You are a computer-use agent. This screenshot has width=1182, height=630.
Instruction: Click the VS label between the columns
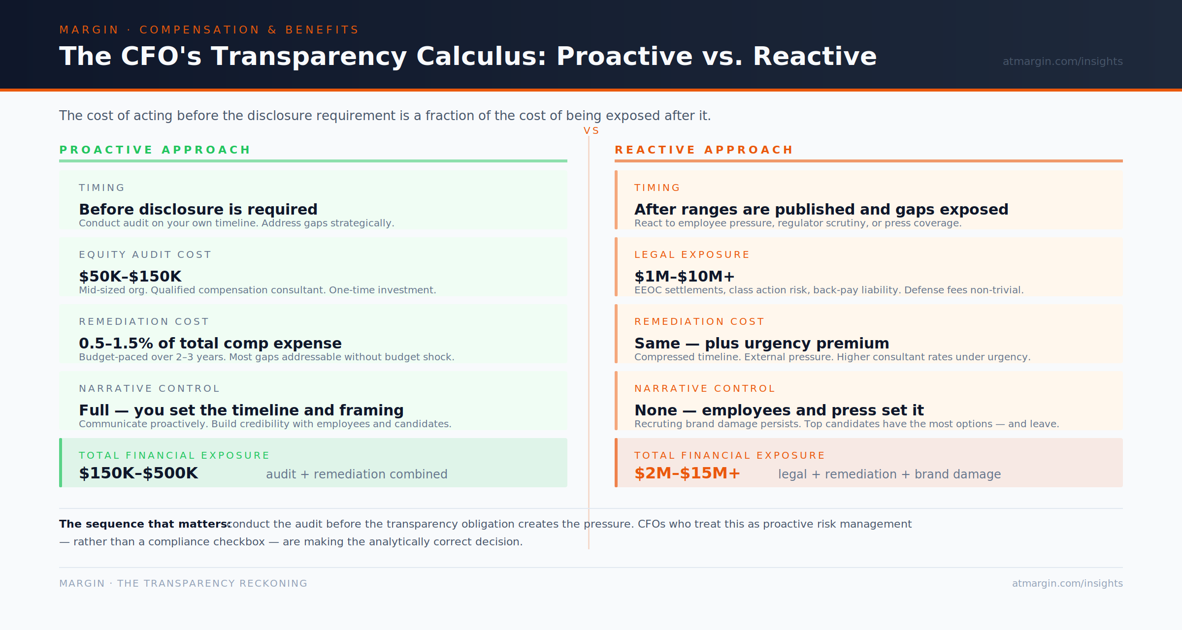click(x=591, y=131)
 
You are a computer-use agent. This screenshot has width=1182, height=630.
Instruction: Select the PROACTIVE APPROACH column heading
click(x=155, y=150)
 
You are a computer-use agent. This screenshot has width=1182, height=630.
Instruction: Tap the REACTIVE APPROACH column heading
click(x=704, y=150)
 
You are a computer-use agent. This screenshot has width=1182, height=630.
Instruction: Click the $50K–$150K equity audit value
click(x=130, y=276)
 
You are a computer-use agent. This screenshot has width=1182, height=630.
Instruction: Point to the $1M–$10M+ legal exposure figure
click(x=684, y=276)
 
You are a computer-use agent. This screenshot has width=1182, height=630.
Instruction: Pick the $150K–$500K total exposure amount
click(x=138, y=473)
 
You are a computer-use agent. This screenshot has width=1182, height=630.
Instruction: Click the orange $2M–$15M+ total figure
click(x=687, y=473)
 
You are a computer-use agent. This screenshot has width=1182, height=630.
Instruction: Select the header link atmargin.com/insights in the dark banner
click(x=1062, y=62)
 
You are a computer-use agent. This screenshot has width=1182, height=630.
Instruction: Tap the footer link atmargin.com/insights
click(x=1067, y=583)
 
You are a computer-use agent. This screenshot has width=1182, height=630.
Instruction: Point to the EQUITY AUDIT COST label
click(x=145, y=254)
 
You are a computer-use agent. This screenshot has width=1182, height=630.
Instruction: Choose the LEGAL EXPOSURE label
click(x=691, y=254)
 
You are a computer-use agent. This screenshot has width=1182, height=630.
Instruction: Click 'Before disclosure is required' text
click(x=198, y=209)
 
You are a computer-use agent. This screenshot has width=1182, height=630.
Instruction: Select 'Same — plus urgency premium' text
click(x=761, y=343)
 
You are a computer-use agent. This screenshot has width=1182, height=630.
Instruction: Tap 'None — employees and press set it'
click(x=779, y=410)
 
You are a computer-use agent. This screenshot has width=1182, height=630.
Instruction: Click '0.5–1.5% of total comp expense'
click(x=210, y=343)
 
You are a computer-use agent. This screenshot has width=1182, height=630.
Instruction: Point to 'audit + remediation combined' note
click(x=357, y=474)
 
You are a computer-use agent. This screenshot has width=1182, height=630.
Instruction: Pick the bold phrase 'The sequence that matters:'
click(x=145, y=524)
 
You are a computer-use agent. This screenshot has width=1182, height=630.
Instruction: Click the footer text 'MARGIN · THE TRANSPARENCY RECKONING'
click(x=183, y=583)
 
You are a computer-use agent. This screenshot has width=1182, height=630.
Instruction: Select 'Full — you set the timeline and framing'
click(x=241, y=410)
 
